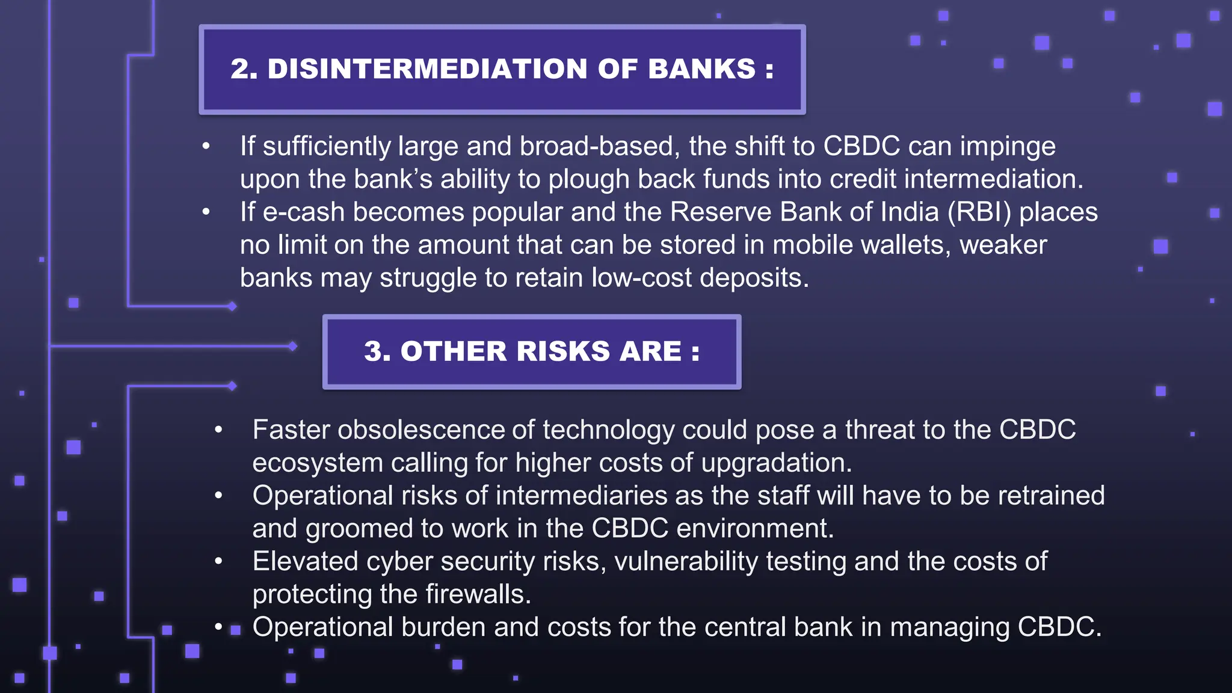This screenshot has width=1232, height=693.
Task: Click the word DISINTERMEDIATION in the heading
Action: coord(427,69)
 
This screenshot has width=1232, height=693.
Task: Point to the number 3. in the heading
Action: coord(377,351)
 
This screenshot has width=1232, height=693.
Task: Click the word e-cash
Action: coord(303,212)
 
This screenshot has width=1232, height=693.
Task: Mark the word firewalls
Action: coord(478,594)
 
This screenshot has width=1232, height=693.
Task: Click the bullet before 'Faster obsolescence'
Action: coord(218,430)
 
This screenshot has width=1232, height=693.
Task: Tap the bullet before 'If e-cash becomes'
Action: coord(206,212)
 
